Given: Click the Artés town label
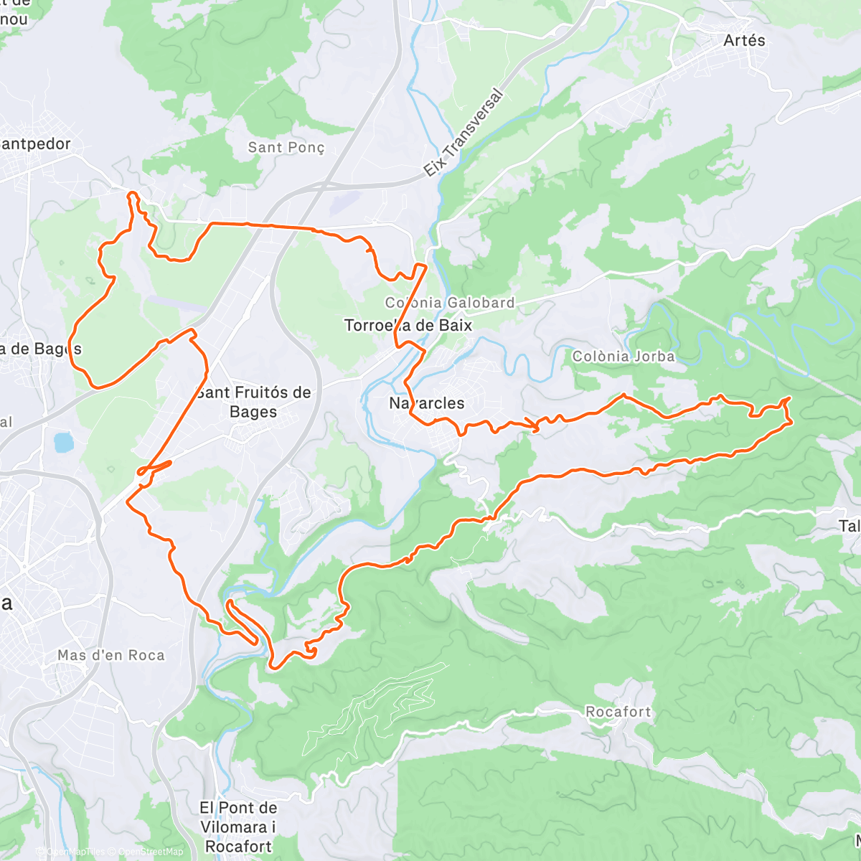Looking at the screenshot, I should pyautogui.click(x=744, y=40).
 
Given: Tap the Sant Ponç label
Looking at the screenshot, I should pyautogui.click(x=286, y=147).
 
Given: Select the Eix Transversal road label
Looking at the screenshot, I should pyautogui.click(x=464, y=133).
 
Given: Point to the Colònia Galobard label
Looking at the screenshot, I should pyautogui.click(x=450, y=303).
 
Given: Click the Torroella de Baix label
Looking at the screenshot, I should pyautogui.click(x=408, y=325).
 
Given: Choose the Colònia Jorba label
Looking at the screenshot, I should pyautogui.click(x=624, y=356).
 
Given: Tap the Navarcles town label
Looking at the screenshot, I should pyautogui.click(x=427, y=403).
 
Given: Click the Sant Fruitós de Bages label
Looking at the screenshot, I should pyautogui.click(x=253, y=402).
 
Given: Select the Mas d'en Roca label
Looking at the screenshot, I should pyautogui.click(x=111, y=655).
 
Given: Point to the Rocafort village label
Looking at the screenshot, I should pyautogui.click(x=618, y=712).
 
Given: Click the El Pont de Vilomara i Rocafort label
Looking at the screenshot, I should pyautogui.click(x=238, y=827).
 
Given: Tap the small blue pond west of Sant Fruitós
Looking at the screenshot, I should pyautogui.click(x=64, y=442).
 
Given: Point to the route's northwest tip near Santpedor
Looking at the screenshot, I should pyautogui.click(x=130, y=193).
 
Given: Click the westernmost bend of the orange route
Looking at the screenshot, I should pyautogui.click(x=70, y=344).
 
